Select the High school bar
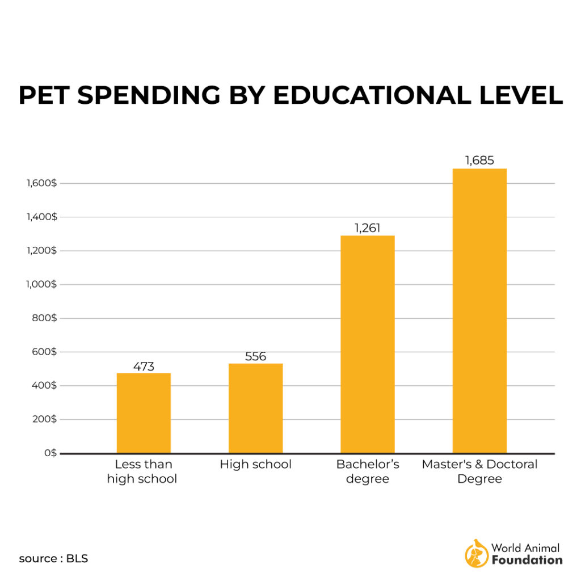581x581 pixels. click(x=255, y=408)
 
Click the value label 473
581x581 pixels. click(x=144, y=366)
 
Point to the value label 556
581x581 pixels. click(x=255, y=356)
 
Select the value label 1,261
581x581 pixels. click(x=367, y=228)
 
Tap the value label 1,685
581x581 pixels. click(x=479, y=161)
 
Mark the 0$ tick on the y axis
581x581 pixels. click(x=50, y=453)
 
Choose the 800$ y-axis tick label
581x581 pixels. click(x=44, y=318)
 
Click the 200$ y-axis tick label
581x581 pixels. click(x=44, y=419)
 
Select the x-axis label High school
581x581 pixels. click(x=255, y=464)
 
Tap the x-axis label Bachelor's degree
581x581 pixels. click(x=368, y=471)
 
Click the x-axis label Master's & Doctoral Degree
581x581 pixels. click(x=479, y=471)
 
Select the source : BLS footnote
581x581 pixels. click(x=53, y=558)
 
